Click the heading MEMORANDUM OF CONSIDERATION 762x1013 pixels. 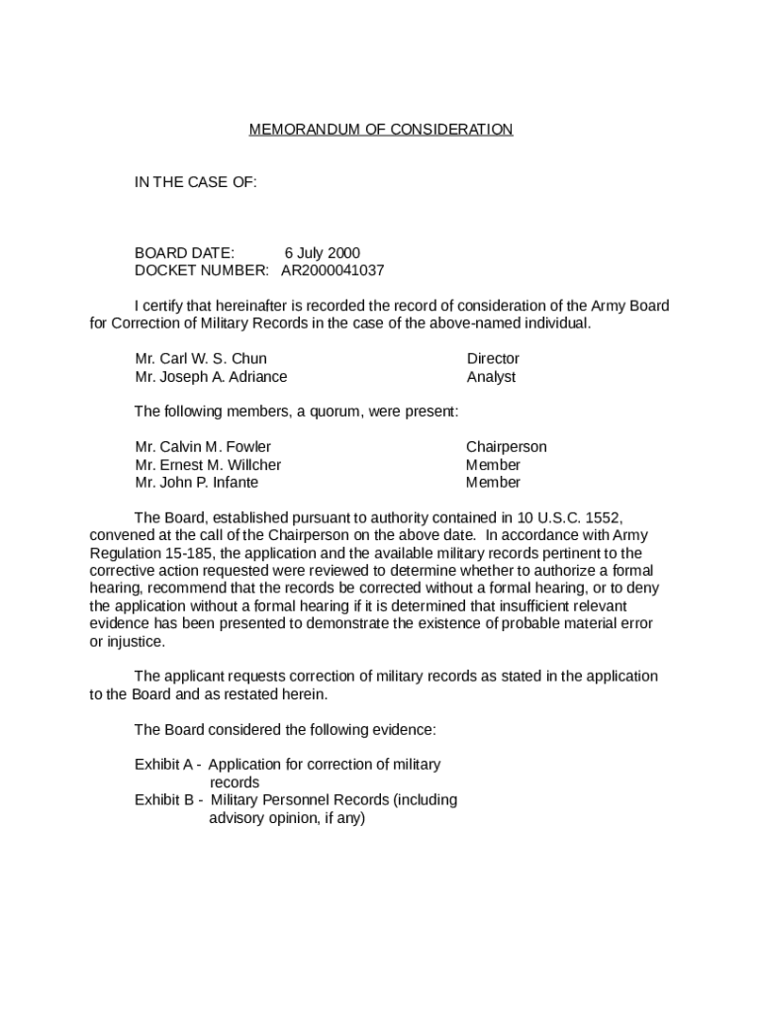(381, 130)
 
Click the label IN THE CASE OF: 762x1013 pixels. (196, 182)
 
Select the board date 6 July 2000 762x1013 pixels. (323, 252)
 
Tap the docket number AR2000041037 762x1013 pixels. (333, 270)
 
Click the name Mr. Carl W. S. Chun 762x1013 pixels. (201, 358)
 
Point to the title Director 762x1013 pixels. (493, 358)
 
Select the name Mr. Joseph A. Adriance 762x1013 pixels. (211, 376)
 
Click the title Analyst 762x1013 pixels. (491, 376)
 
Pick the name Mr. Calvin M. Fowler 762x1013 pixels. (203, 446)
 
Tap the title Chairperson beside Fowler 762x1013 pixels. (506, 446)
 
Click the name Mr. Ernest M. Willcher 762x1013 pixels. (208, 464)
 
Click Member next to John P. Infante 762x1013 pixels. (493, 482)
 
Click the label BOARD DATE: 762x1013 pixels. (184, 252)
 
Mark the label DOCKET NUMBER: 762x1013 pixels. (201, 270)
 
